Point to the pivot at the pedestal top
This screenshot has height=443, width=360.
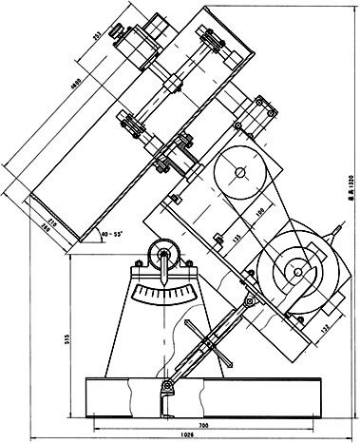point(165,254)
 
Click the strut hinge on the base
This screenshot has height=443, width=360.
point(167,385)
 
